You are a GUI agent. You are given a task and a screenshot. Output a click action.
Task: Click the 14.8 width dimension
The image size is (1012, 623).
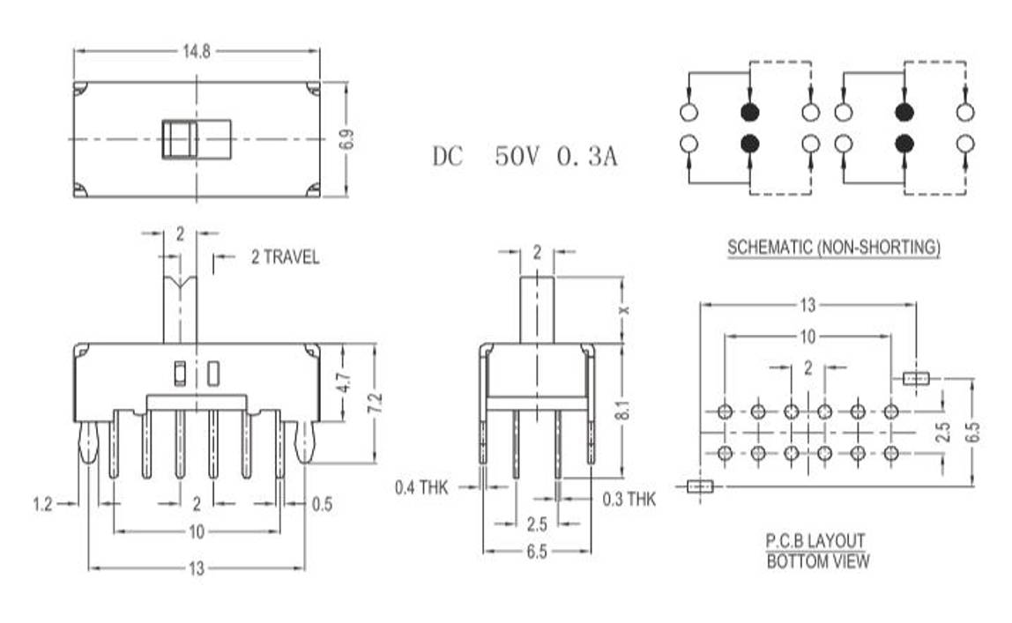coord(196,51)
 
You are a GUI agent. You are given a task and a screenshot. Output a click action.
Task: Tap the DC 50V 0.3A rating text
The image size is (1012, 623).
coord(525,158)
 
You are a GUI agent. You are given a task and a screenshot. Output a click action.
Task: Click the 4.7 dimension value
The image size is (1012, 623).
coord(346,384)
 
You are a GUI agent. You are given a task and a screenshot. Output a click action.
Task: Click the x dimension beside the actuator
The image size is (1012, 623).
coord(625,310)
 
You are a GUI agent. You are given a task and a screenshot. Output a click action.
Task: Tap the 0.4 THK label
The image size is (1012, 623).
coord(421,486)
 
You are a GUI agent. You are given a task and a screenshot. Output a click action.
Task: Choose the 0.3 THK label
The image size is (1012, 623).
coord(629,500)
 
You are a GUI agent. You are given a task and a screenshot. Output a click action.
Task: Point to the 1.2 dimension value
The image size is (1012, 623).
coord(42,504)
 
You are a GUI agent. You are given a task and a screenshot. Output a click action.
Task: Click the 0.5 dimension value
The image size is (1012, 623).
coord(323,504)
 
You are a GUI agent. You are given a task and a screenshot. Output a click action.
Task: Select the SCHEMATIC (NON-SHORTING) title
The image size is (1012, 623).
coord(833,248)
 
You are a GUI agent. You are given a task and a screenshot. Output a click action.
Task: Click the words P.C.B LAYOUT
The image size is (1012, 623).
coord(815,540)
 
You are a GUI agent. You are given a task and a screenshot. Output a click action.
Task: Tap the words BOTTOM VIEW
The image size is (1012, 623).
coord(817,560)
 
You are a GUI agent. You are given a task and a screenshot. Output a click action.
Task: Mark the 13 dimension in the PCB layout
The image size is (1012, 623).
coord(807,306)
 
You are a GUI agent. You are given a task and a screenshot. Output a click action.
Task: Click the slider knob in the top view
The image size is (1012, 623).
coord(180,139)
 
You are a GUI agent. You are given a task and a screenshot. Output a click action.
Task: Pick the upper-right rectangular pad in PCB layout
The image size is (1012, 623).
coord(917,379)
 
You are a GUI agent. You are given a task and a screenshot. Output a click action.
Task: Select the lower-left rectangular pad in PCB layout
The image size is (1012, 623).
coord(700,486)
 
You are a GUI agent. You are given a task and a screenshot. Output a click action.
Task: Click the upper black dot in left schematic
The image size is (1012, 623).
coord(749,113)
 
